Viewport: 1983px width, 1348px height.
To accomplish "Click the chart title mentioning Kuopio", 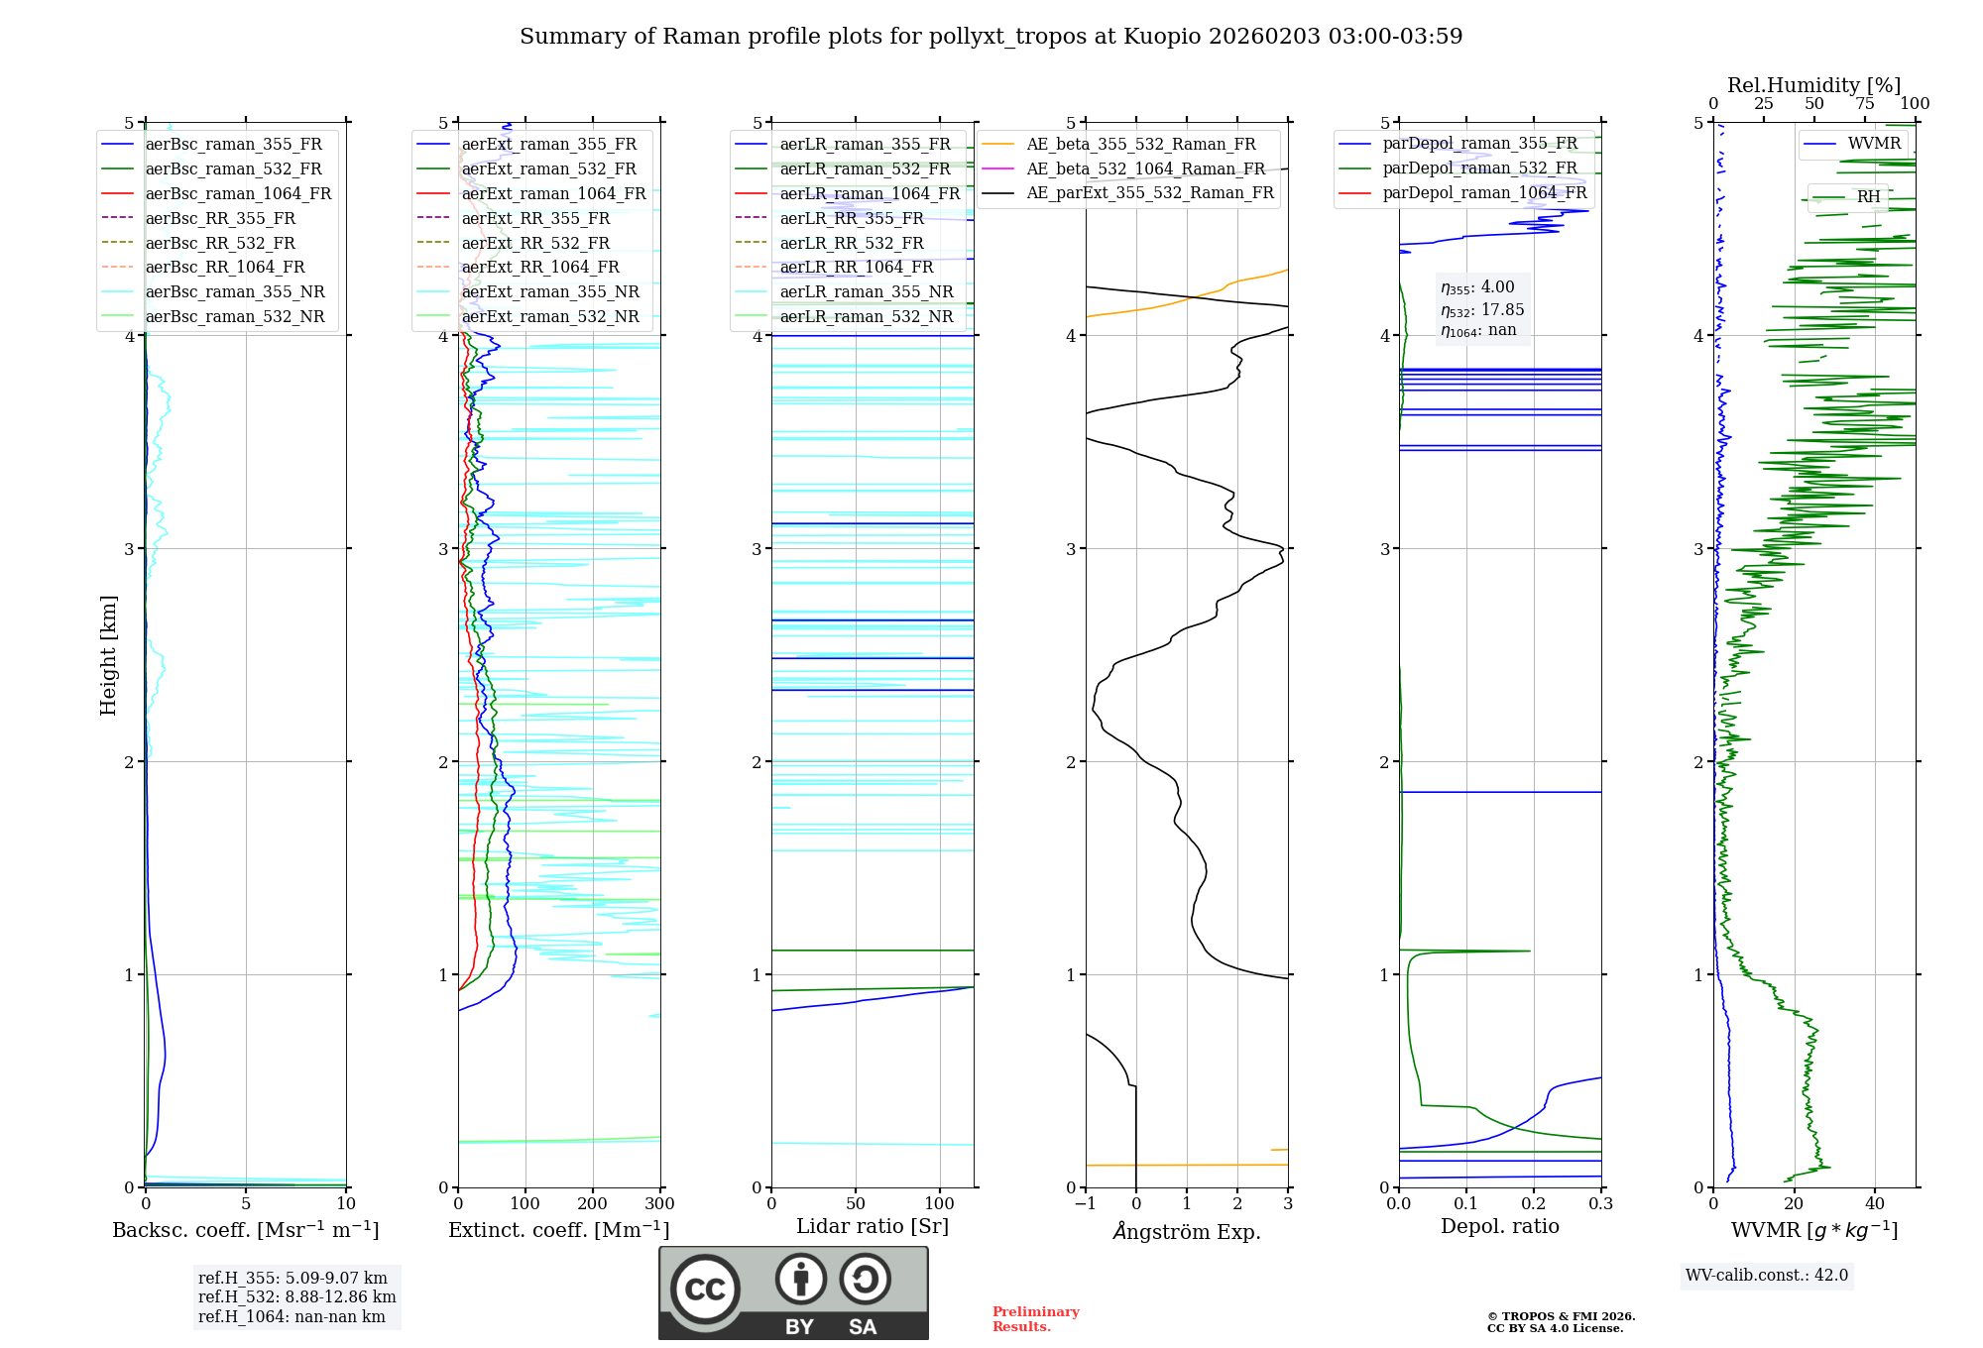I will click(991, 37).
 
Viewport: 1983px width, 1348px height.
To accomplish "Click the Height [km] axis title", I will click(108, 655).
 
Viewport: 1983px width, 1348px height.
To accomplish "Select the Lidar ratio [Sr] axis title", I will click(873, 1226).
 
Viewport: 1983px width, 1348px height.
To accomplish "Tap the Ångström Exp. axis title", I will click(1187, 1231).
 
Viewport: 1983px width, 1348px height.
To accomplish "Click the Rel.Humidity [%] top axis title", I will click(1813, 85).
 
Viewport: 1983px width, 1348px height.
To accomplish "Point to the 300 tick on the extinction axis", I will click(659, 1204).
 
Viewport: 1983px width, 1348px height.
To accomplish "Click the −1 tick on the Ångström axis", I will click(1085, 1204).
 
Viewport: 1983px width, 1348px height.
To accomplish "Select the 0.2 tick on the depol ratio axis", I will click(1533, 1204).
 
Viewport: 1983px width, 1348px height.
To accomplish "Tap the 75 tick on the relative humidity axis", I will click(1864, 104).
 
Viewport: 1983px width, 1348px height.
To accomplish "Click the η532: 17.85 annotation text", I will click(1482, 310).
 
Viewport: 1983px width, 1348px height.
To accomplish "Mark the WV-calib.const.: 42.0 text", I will click(1767, 1276).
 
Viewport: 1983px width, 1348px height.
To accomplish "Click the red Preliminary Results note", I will click(1035, 1319).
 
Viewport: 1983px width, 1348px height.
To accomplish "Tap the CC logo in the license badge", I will click(705, 1290).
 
